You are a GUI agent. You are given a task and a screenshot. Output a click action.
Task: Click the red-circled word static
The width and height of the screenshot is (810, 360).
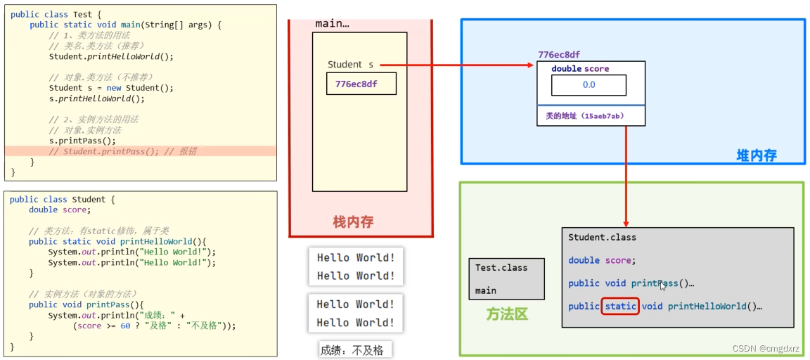point(620,307)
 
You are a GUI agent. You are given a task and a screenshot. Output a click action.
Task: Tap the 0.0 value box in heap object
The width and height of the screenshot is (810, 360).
point(589,85)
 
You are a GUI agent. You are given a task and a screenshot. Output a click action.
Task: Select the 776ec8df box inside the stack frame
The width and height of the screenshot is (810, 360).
point(361,84)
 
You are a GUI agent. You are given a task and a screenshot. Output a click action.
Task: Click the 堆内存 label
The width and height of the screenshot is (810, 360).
point(756,155)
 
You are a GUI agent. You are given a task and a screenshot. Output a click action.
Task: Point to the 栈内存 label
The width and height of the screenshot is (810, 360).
point(353,222)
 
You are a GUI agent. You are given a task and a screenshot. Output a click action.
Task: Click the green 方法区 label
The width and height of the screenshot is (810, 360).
point(506,314)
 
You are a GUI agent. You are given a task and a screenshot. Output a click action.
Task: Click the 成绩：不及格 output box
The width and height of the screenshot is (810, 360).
point(352,350)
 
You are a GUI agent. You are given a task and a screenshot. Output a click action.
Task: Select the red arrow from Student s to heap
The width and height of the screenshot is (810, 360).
point(457,65)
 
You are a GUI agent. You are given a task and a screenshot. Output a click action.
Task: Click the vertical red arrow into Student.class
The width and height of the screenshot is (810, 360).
point(626,176)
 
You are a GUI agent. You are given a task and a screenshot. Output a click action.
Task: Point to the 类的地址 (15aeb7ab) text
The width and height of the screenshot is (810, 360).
point(584,116)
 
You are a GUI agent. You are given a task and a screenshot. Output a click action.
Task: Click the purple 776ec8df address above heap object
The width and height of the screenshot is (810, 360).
point(559,55)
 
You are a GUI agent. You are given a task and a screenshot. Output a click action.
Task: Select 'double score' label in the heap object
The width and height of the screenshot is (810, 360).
point(580,69)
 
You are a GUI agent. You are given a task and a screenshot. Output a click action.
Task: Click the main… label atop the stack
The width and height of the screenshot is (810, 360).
point(332,23)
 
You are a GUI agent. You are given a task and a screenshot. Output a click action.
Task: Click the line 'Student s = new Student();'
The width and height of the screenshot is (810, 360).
point(111,88)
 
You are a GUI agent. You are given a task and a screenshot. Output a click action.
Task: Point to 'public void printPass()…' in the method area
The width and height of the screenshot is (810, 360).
point(631,283)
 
